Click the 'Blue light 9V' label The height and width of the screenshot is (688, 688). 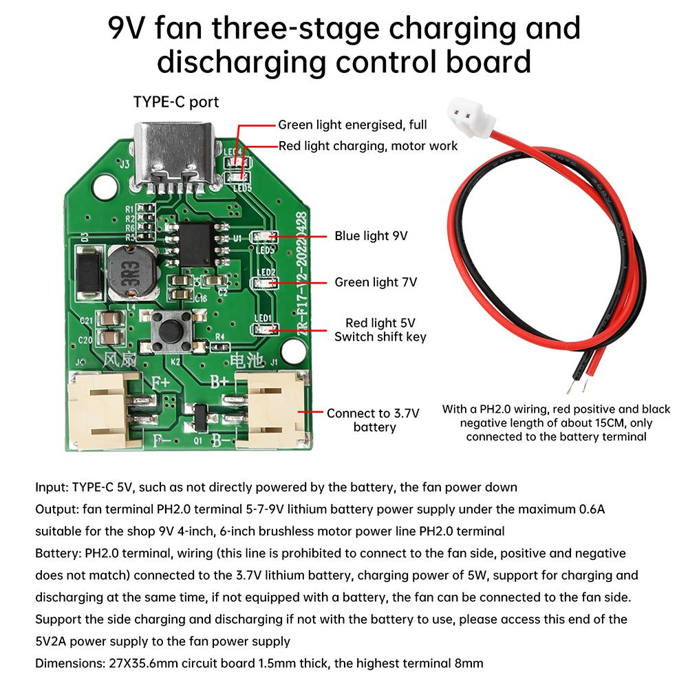[371, 236]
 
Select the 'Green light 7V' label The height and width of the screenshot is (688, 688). [375, 282]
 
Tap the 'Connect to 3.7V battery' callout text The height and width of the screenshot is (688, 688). [373, 420]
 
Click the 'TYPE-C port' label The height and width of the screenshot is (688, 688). [175, 102]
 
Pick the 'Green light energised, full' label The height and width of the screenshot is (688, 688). [352, 125]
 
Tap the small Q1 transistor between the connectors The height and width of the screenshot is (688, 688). [200, 415]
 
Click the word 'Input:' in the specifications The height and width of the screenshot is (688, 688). [52, 487]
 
